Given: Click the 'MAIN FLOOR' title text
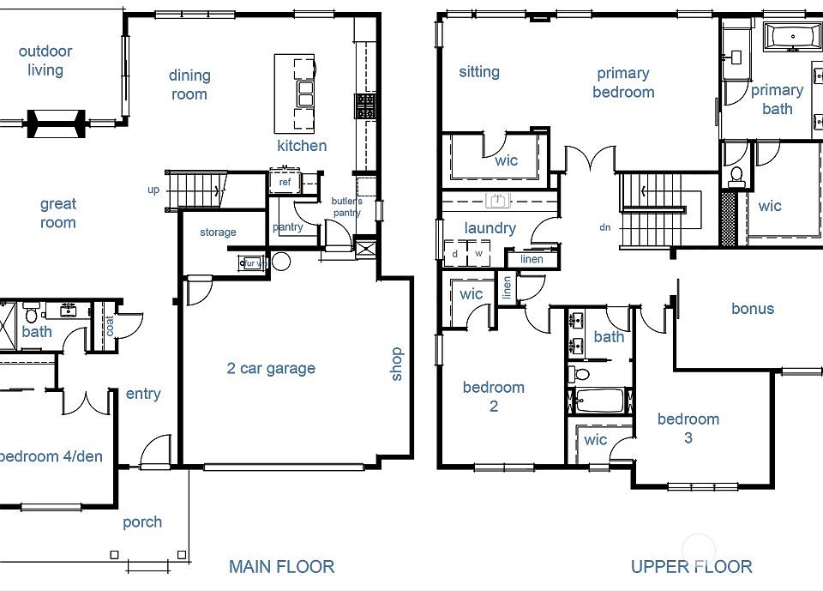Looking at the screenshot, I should click(281, 566).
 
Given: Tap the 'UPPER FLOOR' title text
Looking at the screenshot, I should click(691, 566).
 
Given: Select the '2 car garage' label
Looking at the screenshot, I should click(271, 369).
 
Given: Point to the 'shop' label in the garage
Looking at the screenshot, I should click(396, 364).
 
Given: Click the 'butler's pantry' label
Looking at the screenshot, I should click(347, 207).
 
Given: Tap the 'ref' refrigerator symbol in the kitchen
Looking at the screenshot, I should click(285, 182).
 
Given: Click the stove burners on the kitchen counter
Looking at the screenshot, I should click(365, 106).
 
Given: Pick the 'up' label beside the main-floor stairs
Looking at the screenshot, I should click(153, 190).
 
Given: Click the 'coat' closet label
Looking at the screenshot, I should click(109, 326).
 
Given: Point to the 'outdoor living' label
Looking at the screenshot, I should click(45, 61).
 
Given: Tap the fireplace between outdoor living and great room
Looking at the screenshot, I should click(57, 121).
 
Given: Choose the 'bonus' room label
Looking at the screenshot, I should click(753, 309).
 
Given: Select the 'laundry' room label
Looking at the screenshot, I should click(490, 228).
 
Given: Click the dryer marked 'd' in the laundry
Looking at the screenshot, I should click(454, 254).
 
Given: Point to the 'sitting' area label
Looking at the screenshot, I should click(478, 71).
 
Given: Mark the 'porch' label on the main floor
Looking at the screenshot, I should click(142, 522).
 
